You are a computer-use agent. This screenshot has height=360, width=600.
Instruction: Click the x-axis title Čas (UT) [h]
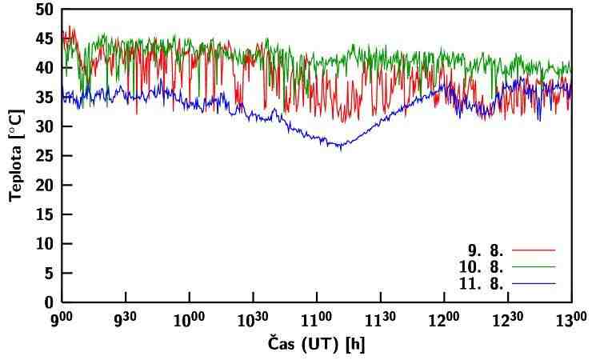click(316, 346)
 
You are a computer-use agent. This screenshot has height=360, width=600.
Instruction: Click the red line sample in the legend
click(533, 250)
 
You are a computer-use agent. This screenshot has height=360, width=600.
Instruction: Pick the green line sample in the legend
click(533, 267)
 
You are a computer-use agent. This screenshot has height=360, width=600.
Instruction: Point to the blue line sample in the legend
click(533, 284)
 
